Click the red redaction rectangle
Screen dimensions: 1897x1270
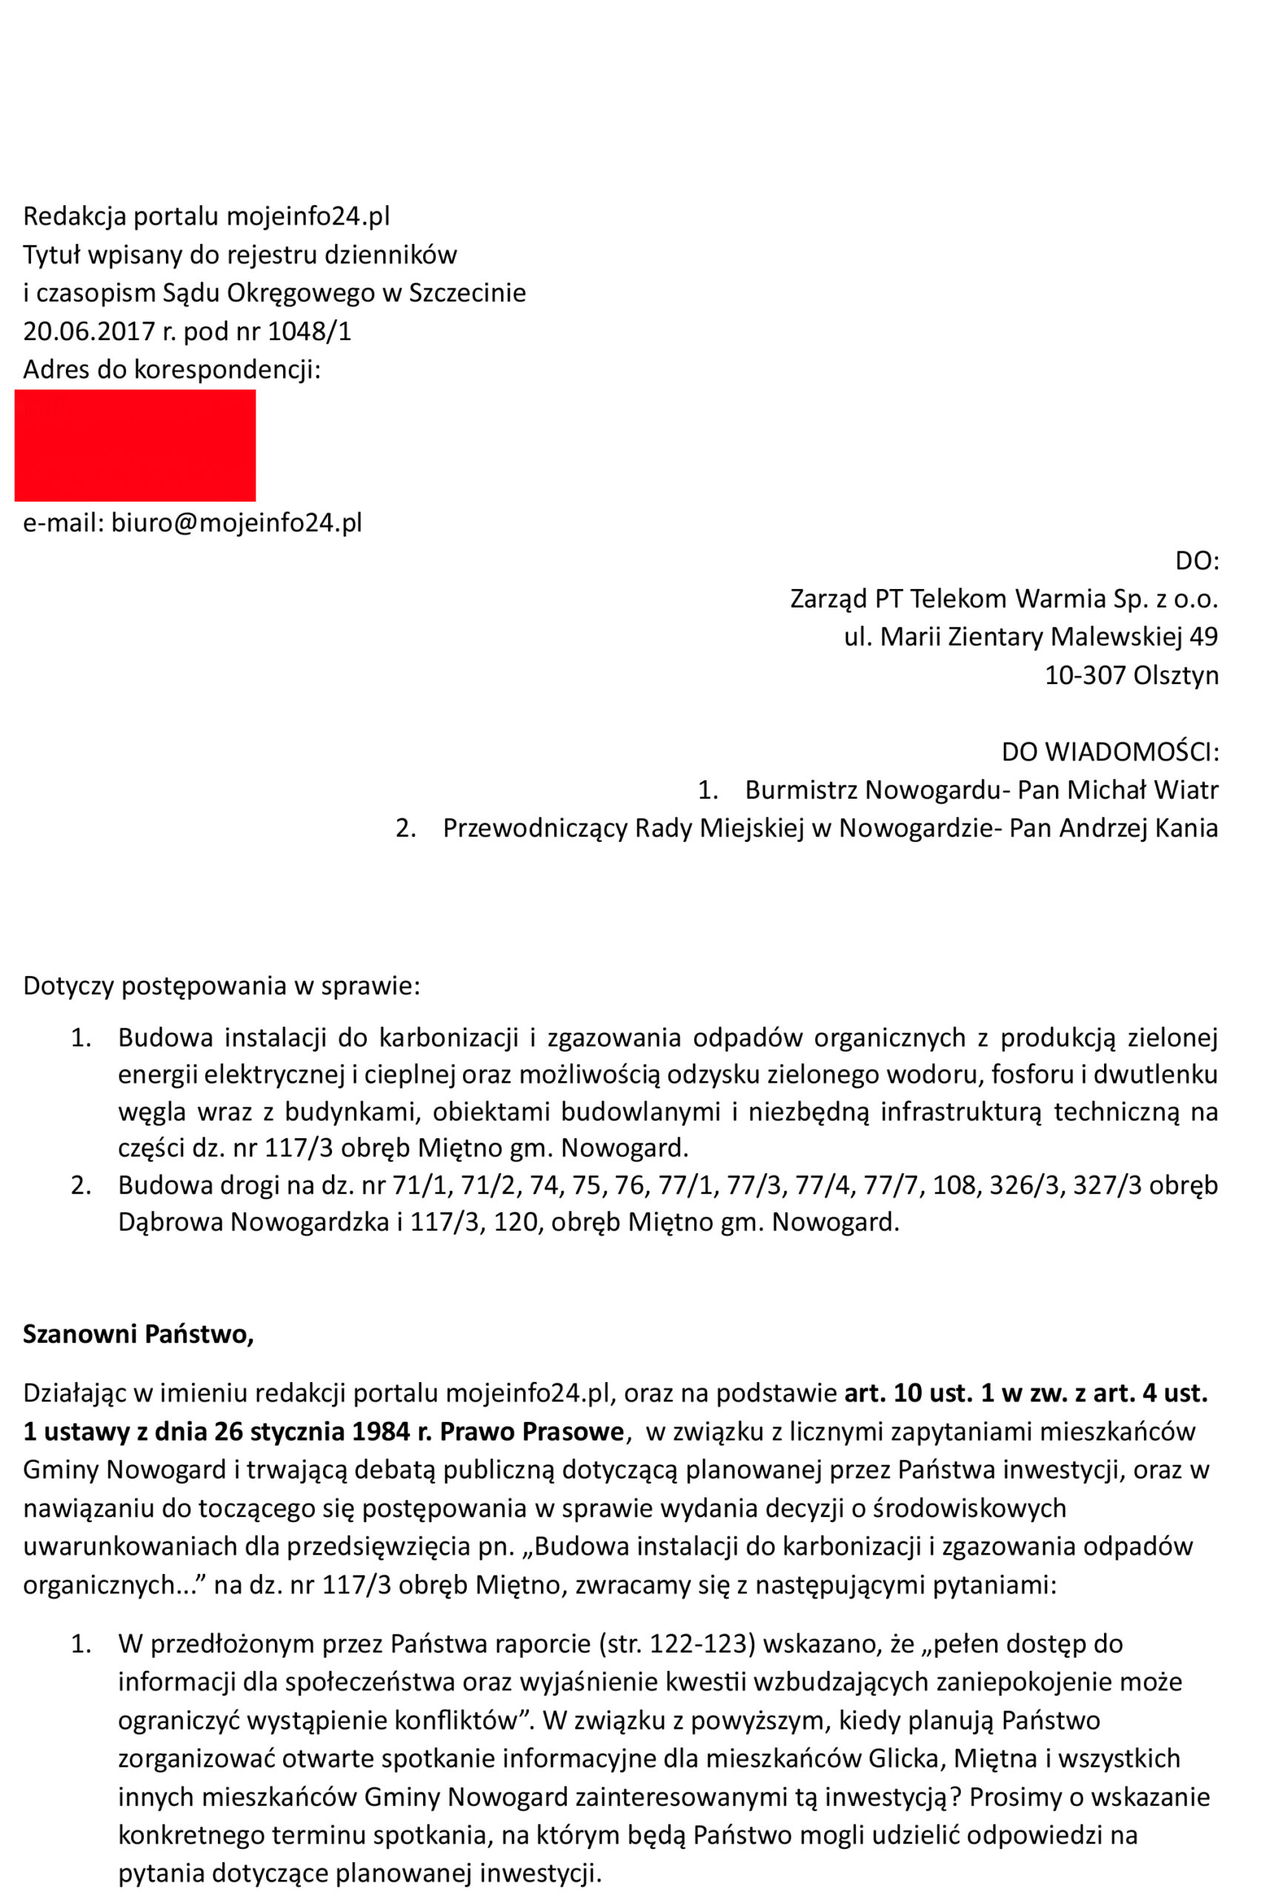[x=136, y=445]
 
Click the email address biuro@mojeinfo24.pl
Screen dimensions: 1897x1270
[x=236, y=522]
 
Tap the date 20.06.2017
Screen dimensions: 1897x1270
[x=88, y=331]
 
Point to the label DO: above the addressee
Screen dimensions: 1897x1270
[x=1197, y=560]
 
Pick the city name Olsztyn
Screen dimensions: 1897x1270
[x=1175, y=675]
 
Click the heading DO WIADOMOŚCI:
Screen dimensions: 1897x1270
[x=1110, y=751]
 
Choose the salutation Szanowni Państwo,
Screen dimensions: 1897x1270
[x=139, y=1334]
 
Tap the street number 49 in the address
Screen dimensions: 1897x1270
[x=1203, y=637]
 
